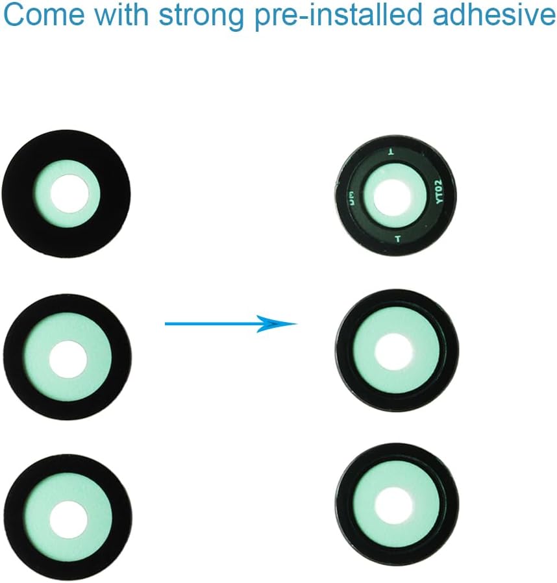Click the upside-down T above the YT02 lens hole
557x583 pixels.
(390, 152)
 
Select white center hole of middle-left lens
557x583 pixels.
(68, 358)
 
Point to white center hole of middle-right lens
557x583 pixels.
(394, 351)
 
